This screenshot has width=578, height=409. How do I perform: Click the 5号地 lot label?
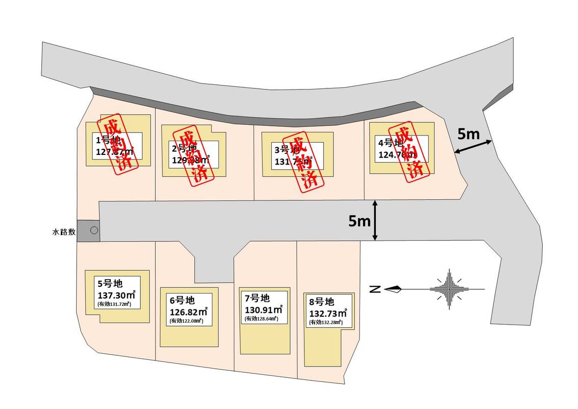pos(110,283)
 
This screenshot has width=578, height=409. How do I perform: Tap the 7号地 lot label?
pos(257,298)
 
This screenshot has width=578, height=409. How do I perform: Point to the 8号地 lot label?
pos(322,301)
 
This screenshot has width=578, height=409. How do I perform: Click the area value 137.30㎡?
pos(116,294)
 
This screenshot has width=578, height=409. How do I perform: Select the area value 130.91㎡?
pos(263,309)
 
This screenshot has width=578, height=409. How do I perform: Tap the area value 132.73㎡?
pos(328,312)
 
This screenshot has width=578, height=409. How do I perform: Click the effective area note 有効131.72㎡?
pos(114,304)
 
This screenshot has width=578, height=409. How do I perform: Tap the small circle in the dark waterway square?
pos(94,231)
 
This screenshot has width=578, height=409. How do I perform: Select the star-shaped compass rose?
pos(449,289)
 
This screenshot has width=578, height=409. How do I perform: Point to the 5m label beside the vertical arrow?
pos(359,221)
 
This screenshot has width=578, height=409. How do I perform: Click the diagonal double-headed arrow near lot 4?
pos(473,147)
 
